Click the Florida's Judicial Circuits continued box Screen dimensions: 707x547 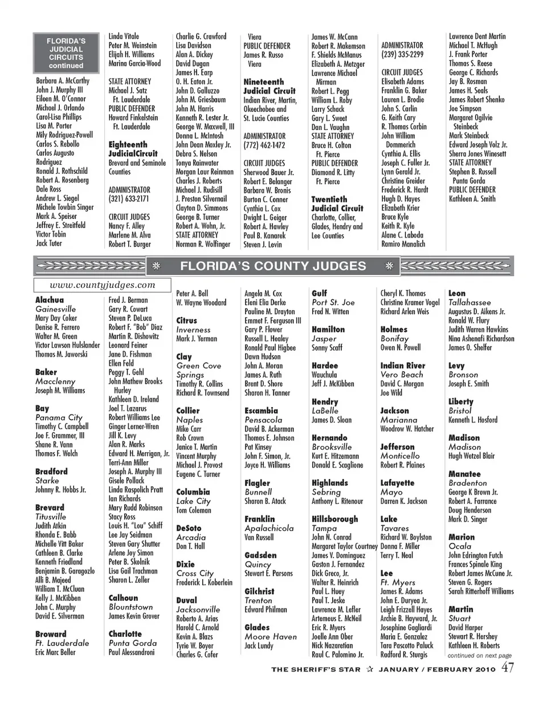pos(66,53)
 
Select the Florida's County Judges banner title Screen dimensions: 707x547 pos(273,266)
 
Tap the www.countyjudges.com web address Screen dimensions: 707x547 pos(102,285)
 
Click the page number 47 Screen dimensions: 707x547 pos(508,668)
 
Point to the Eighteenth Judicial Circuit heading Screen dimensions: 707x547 pos(137,149)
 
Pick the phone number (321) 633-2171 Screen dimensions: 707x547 pos(129,199)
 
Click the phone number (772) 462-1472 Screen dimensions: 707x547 pos(264,145)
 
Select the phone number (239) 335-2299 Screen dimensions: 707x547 pos(402,55)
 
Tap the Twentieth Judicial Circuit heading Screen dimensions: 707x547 pos(337,204)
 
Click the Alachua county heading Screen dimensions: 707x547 pos(50,300)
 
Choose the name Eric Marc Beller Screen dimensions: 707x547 pos(55,652)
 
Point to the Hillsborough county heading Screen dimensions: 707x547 pos(335,519)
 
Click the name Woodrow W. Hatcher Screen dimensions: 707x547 pos(407,429)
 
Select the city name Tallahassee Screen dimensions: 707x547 pos(470,302)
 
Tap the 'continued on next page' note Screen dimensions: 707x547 pos(479,656)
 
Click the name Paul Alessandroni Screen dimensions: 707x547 pos(132,652)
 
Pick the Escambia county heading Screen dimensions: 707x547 pos(261,411)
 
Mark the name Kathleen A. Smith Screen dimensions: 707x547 pos(472,199)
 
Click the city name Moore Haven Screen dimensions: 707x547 pos(271,636)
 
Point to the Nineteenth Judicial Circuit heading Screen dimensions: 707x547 pos(270,86)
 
